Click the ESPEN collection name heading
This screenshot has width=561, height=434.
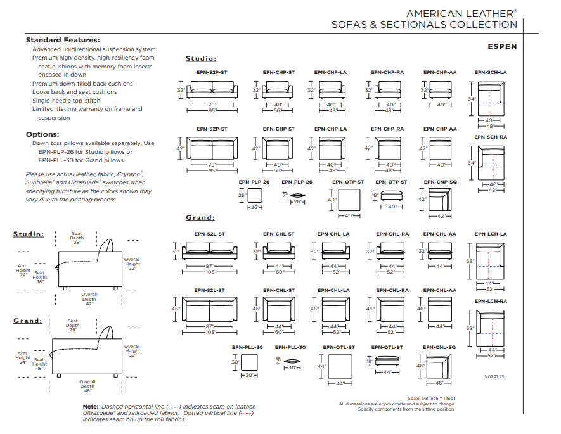502,46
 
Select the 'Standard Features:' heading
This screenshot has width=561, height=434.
62,40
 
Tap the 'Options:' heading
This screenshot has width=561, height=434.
42,134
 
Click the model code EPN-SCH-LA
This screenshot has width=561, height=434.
491,72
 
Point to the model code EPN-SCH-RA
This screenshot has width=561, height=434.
491,137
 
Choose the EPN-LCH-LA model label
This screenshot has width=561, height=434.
491,234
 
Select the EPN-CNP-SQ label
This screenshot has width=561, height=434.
441,182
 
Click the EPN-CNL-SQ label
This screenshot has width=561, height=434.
441,347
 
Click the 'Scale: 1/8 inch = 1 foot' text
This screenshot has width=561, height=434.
431,398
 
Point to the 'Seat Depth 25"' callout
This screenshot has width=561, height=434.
77,238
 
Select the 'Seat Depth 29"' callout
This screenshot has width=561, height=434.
73,325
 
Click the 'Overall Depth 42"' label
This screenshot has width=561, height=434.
89,299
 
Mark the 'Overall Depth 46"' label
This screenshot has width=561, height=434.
87,386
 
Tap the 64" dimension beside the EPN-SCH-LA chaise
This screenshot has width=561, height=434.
471,99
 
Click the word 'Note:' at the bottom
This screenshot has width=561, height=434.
90,407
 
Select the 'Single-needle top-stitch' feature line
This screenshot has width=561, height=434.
66,100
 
